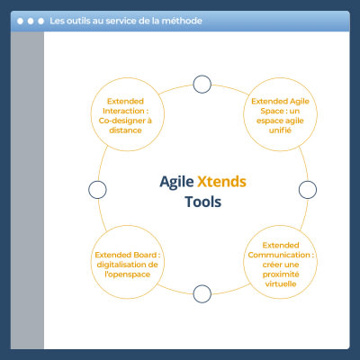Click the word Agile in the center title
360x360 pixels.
pyautogui.click(x=177, y=181)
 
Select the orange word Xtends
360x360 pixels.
pyautogui.click(x=221, y=181)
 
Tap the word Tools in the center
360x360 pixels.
pyautogui.click(x=202, y=202)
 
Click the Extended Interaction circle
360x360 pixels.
pyautogui.click(x=128, y=116)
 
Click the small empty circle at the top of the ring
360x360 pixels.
pyautogui.click(x=202, y=85)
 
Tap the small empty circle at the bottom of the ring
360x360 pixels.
pyautogui.click(x=202, y=293)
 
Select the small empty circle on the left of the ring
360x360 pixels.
pyautogui.click(x=97, y=189)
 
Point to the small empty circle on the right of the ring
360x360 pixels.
pyautogui.click(x=307, y=189)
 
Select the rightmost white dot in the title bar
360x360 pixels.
pyautogui.click(x=41, y=20)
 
